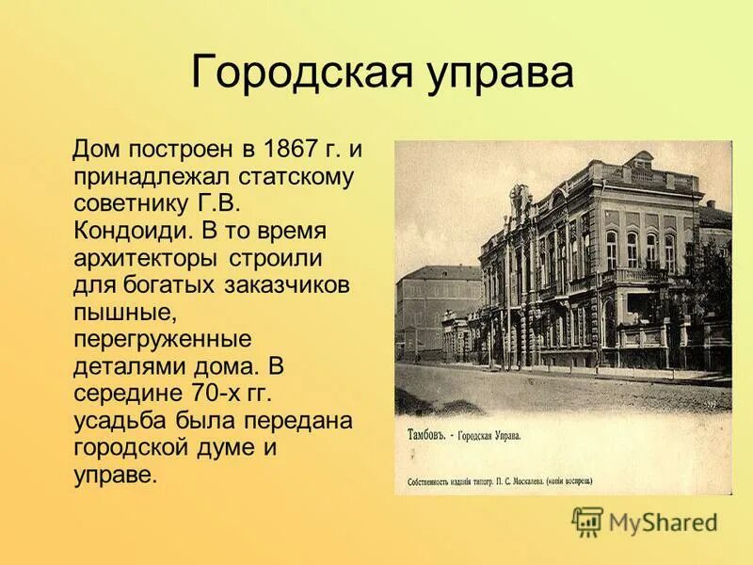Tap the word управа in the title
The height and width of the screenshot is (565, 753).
pyautogui.click(x=496, y=73)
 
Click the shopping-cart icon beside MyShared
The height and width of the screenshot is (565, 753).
pyautogui.click(x=588, y=521)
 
